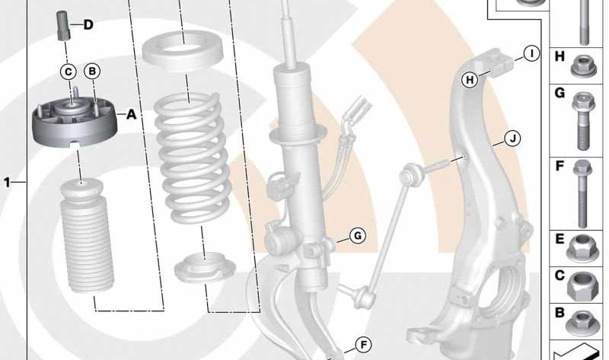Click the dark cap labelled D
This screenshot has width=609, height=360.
coord(63,26)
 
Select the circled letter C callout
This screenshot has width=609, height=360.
coord(69,72)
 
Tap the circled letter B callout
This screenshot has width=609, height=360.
coord(92,72)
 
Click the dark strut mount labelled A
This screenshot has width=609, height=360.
coord(74,123)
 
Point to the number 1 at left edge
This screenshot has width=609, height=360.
coord(7,182)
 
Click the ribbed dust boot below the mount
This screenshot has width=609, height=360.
coord(87,237)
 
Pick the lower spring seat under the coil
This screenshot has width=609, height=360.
coord(205,267)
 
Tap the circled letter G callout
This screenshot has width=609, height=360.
coord(358,235)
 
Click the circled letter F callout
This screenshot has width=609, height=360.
coord(364,345)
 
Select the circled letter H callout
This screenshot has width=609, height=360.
coord(470,80)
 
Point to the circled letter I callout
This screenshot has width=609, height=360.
coord(531,53)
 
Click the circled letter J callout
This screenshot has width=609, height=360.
coord(512,139)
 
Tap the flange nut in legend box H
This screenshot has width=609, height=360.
coord(584,66)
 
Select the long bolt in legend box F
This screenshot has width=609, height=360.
coord(582,194)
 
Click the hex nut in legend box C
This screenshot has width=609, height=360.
coord(582,286)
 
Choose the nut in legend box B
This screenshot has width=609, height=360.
coord(582,323)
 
